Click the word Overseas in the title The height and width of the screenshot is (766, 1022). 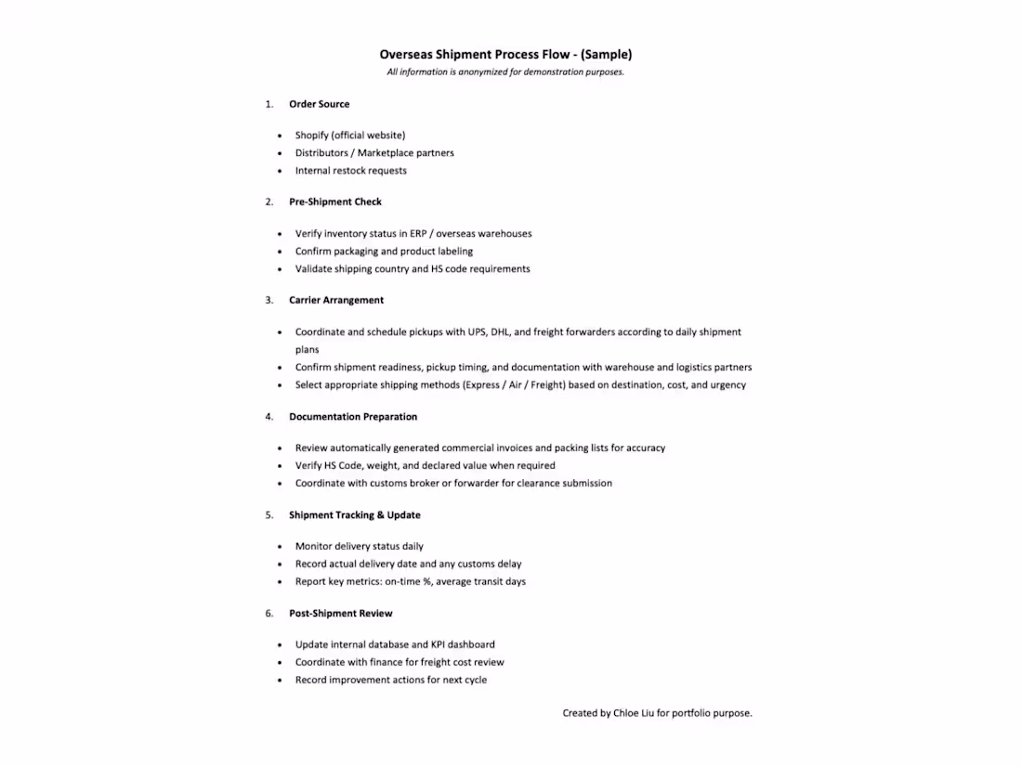[x=405, y=55]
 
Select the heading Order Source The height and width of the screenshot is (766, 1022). [x=319, y=104]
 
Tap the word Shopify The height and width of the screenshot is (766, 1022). [x=311, y=136]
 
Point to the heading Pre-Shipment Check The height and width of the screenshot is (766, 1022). [x=334, y=201]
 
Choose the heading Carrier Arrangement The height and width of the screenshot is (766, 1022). [x=335, y=300]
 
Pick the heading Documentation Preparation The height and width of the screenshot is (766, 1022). [x=352, y=417]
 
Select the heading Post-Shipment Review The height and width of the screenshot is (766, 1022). [x=340, y=614]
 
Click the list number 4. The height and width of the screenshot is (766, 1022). [x=269, y=417]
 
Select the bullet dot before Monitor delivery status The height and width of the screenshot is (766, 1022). [x=281, y=547]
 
